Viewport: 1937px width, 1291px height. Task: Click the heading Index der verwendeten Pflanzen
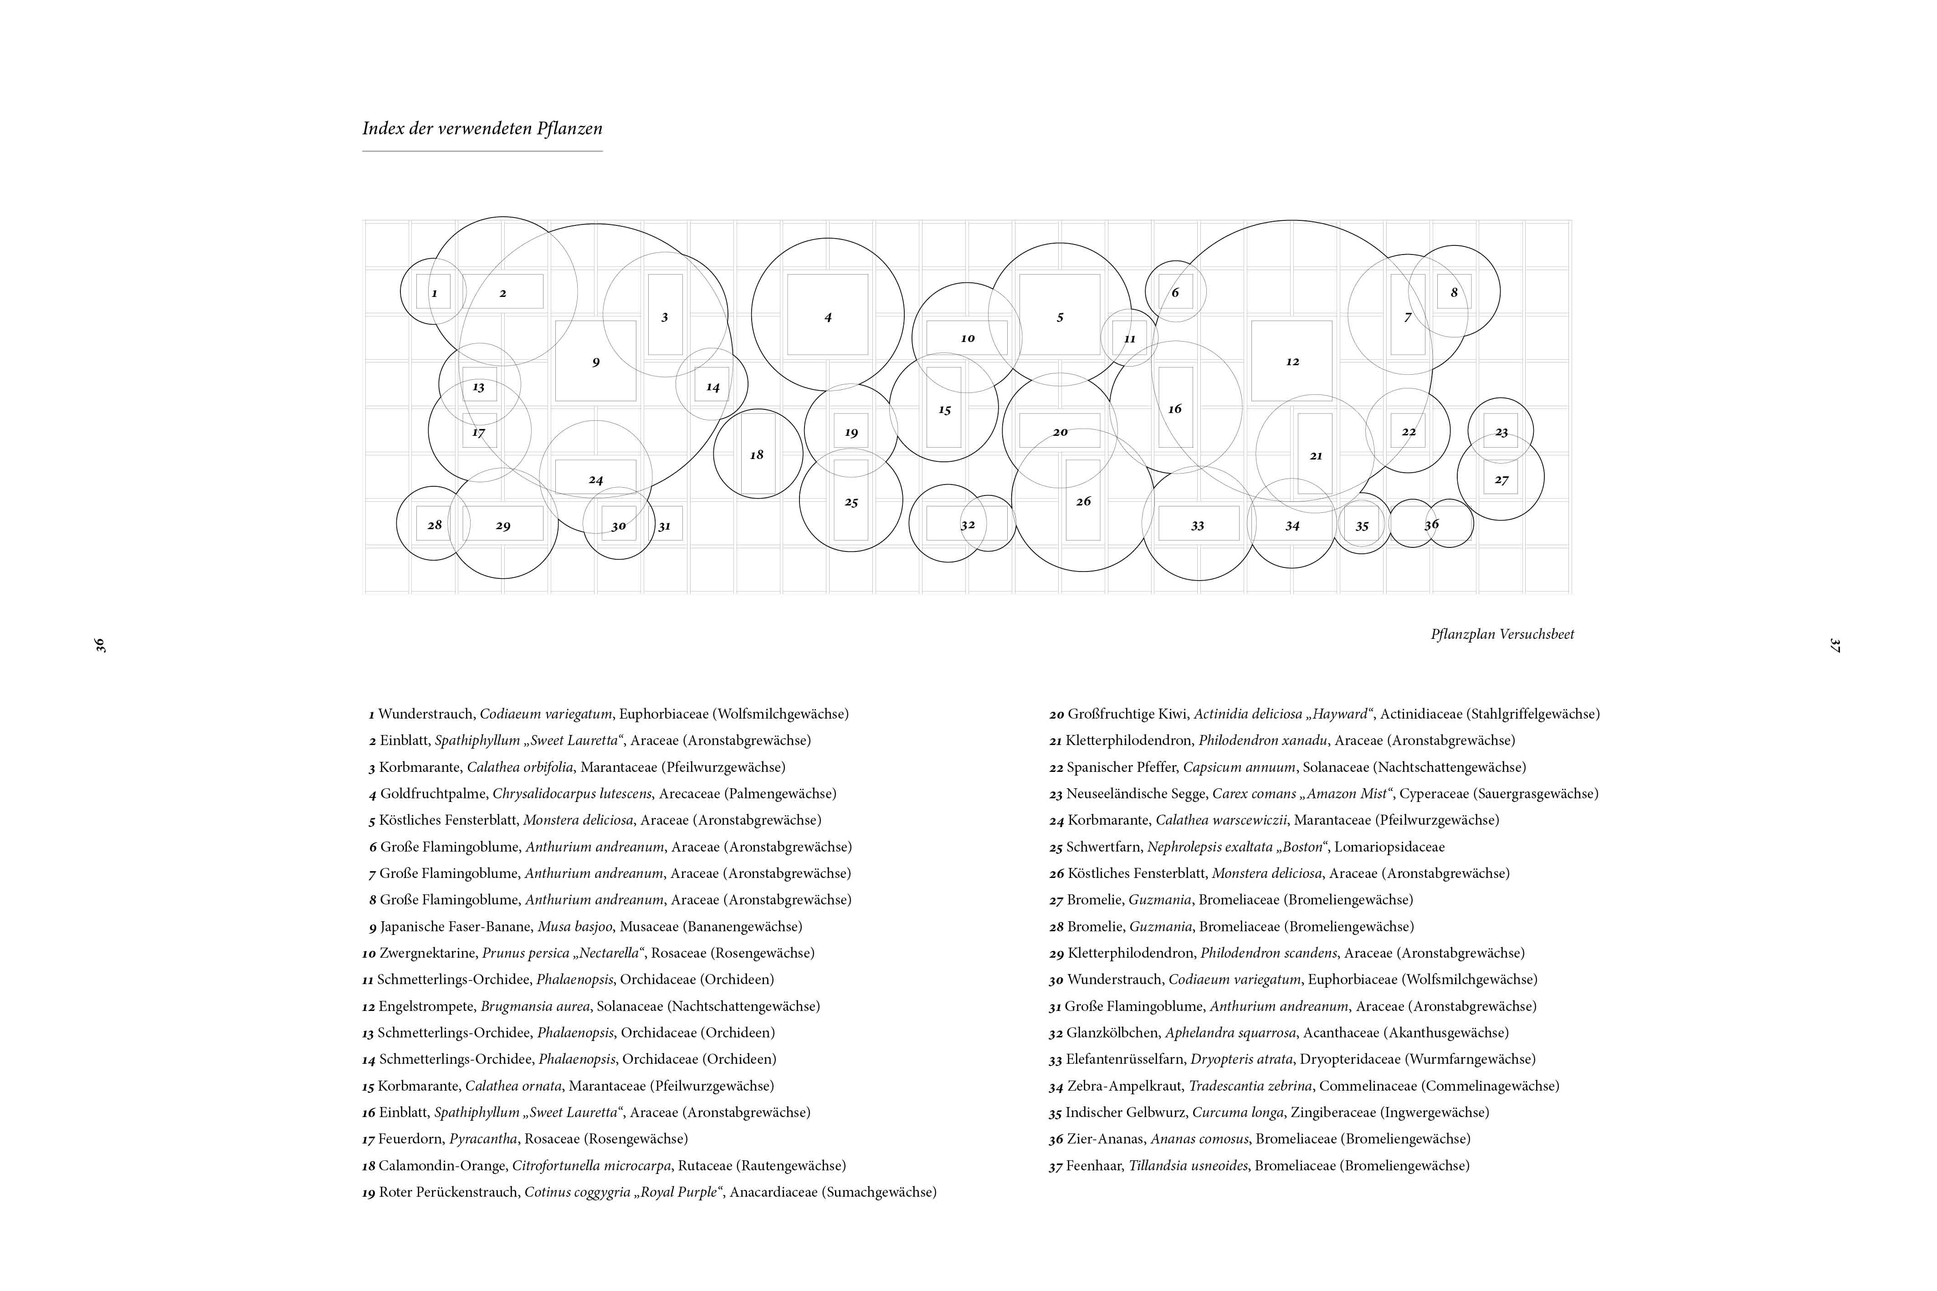click(482, 128)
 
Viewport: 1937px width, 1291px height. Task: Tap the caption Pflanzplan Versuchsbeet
click(1502, 634)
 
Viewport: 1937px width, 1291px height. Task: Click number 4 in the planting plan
click(828, 317)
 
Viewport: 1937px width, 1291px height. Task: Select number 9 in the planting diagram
click(595, 362)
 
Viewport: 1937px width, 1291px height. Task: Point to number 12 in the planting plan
click(1292, 362)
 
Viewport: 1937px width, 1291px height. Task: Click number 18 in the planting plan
click(757, 454)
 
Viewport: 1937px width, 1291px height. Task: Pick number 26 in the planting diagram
click(1083, 501)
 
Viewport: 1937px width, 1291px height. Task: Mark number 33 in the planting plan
click(1198, 526)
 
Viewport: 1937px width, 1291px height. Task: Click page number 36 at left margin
click(101, 645)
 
